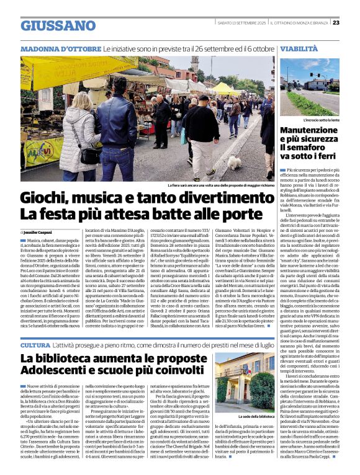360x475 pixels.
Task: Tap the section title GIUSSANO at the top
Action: [58, 25]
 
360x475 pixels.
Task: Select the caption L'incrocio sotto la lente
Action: [322, 119]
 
